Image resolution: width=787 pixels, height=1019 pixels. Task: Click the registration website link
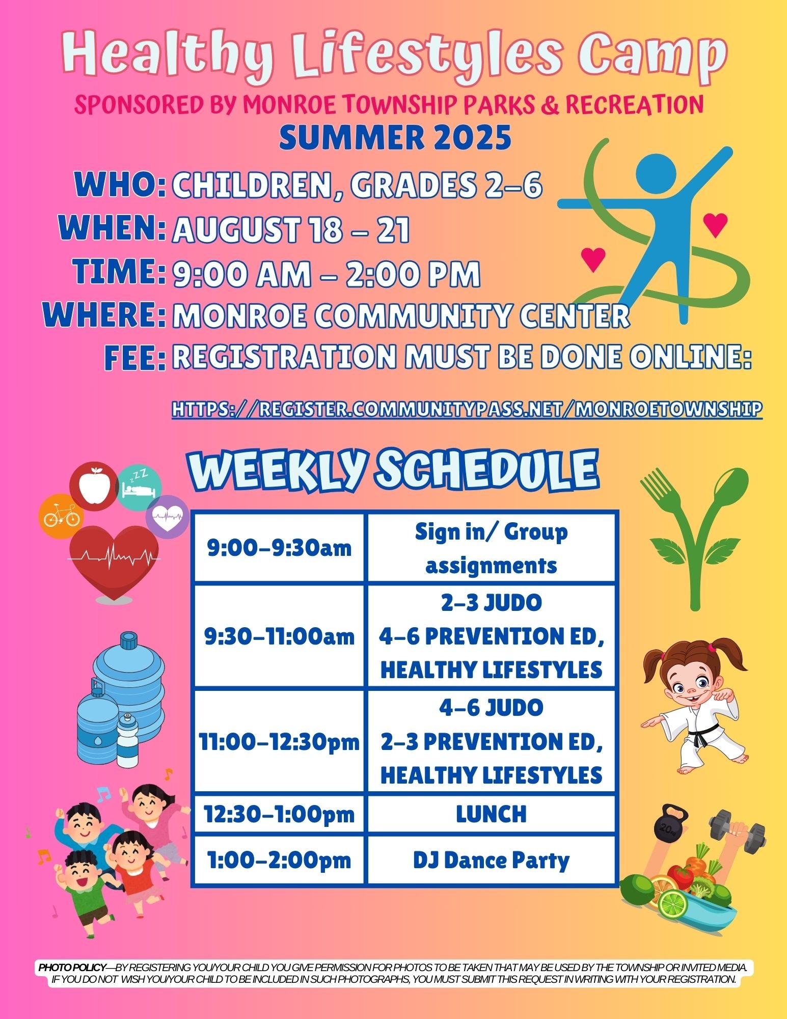click(467, 409)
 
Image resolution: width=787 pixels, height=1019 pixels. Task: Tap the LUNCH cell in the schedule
click(492, 814)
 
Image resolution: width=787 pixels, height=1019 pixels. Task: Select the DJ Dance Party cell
click(492, 860)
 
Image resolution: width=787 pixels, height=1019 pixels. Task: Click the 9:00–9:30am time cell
click(279, 548)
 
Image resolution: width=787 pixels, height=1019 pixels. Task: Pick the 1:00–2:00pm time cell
click(279, 860)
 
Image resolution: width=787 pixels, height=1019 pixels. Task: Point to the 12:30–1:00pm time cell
click(279, 814)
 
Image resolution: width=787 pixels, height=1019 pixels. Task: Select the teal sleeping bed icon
click(139, 485)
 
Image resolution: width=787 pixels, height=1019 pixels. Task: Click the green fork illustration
click(670, 530)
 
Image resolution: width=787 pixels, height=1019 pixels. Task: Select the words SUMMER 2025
click(395, 138)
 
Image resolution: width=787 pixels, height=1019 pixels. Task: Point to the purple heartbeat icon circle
click(168, 517)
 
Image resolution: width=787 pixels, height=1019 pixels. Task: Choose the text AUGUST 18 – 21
click(291, 230)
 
